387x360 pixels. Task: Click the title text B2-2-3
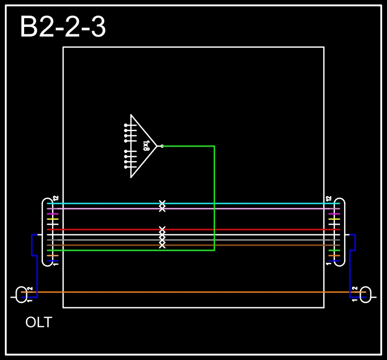(x=63, y=27)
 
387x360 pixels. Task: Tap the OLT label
(x=39, y=323)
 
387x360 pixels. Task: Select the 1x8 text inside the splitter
(x=146, y=146)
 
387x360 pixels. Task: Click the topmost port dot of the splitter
(x=126, y=125)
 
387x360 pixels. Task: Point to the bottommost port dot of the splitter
(x=126, y=167)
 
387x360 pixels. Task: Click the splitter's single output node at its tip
(x=162, y=146)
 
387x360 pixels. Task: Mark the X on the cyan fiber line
(x=162, y=203)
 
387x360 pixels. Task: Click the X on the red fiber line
(x=162, y=229)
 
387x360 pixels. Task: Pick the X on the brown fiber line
(x=162, y=245)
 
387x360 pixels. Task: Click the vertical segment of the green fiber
(x=214, y=199)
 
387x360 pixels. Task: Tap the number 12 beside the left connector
(x=55, y=199)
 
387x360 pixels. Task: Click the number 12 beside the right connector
(x=329, y=199)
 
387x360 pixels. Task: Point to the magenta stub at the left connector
(x=53, y=214)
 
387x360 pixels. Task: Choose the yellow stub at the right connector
(x=334, y=219)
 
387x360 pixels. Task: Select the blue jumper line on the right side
(x=353, y=263)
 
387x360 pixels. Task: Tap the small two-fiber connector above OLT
(x=21, y=294)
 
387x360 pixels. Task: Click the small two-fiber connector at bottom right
(x=365, y=294)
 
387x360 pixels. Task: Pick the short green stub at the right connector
(x=334, y=250)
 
